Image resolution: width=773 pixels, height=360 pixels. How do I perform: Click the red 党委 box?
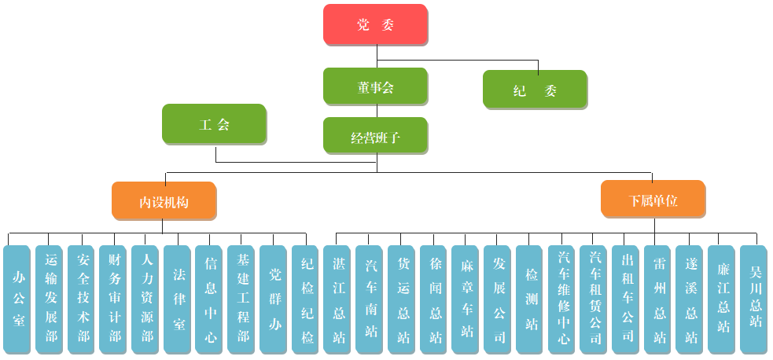point(375,24)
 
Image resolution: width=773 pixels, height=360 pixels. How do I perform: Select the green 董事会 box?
point(375,86)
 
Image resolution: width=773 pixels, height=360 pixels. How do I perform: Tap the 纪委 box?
point(535,90)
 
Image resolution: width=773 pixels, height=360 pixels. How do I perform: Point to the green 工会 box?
point(214,124)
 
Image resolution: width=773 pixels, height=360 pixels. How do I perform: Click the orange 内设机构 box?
point(164,200)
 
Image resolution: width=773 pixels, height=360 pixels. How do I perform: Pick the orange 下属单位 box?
point(653,200)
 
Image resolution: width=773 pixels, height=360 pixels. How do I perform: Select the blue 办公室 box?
point(17,299)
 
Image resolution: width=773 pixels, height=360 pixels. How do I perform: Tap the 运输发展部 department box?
point(50,299)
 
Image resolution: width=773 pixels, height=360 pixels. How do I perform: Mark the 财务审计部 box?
point(115,299)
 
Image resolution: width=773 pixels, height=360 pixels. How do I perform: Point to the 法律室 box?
point(179,299)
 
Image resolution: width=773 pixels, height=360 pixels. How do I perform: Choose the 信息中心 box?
point(210,299)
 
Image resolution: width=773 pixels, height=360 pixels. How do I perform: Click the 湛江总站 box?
point(338,299)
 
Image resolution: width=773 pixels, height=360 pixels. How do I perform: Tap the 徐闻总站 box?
point(434,299)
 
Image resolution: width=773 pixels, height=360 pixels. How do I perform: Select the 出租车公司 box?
point(627,299)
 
